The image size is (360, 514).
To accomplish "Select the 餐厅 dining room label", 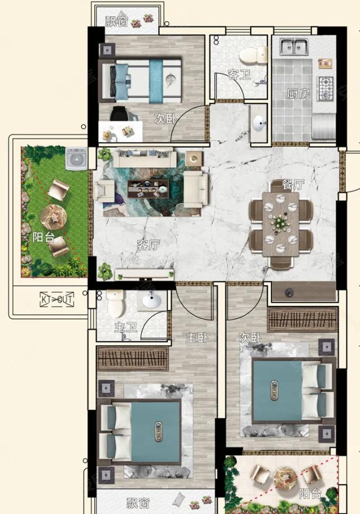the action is click(x=293, y=185).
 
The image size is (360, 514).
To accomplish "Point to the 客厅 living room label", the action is click(x=149, y=245).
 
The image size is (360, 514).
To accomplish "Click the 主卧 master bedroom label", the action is click(x=197, y=337).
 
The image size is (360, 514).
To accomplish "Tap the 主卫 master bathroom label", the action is click(x=126, y=327).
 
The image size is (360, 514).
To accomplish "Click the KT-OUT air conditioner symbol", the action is click(x=57, y=299).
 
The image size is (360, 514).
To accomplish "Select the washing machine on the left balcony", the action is click(x=76, y=159).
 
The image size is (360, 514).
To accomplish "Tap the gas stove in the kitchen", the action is click(x=325, y=88).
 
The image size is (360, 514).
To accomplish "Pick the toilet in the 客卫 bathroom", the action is click(x=253, y=56).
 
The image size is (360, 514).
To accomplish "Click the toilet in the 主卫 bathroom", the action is click(x=116, y=303).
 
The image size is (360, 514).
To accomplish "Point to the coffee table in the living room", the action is click(x=148, y=189).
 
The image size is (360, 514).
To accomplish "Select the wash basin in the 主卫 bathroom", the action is click(x=151, y=301).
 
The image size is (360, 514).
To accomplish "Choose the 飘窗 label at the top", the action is click(x=116, y=21).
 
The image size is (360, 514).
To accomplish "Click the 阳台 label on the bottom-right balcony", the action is click(x=310, y=493).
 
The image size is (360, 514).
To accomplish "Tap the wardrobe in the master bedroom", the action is click(x=133, y=359).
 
